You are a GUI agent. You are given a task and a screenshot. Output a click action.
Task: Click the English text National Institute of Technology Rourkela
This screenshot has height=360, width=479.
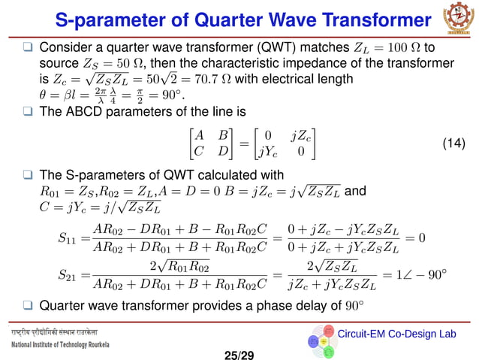(61, 344)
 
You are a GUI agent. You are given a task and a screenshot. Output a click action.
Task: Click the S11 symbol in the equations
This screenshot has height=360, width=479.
(67, 238)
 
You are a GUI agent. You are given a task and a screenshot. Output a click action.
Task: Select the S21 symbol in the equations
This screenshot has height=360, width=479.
(67, 276)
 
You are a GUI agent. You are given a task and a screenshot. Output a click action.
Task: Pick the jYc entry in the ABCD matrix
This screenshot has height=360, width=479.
(266, 151)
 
